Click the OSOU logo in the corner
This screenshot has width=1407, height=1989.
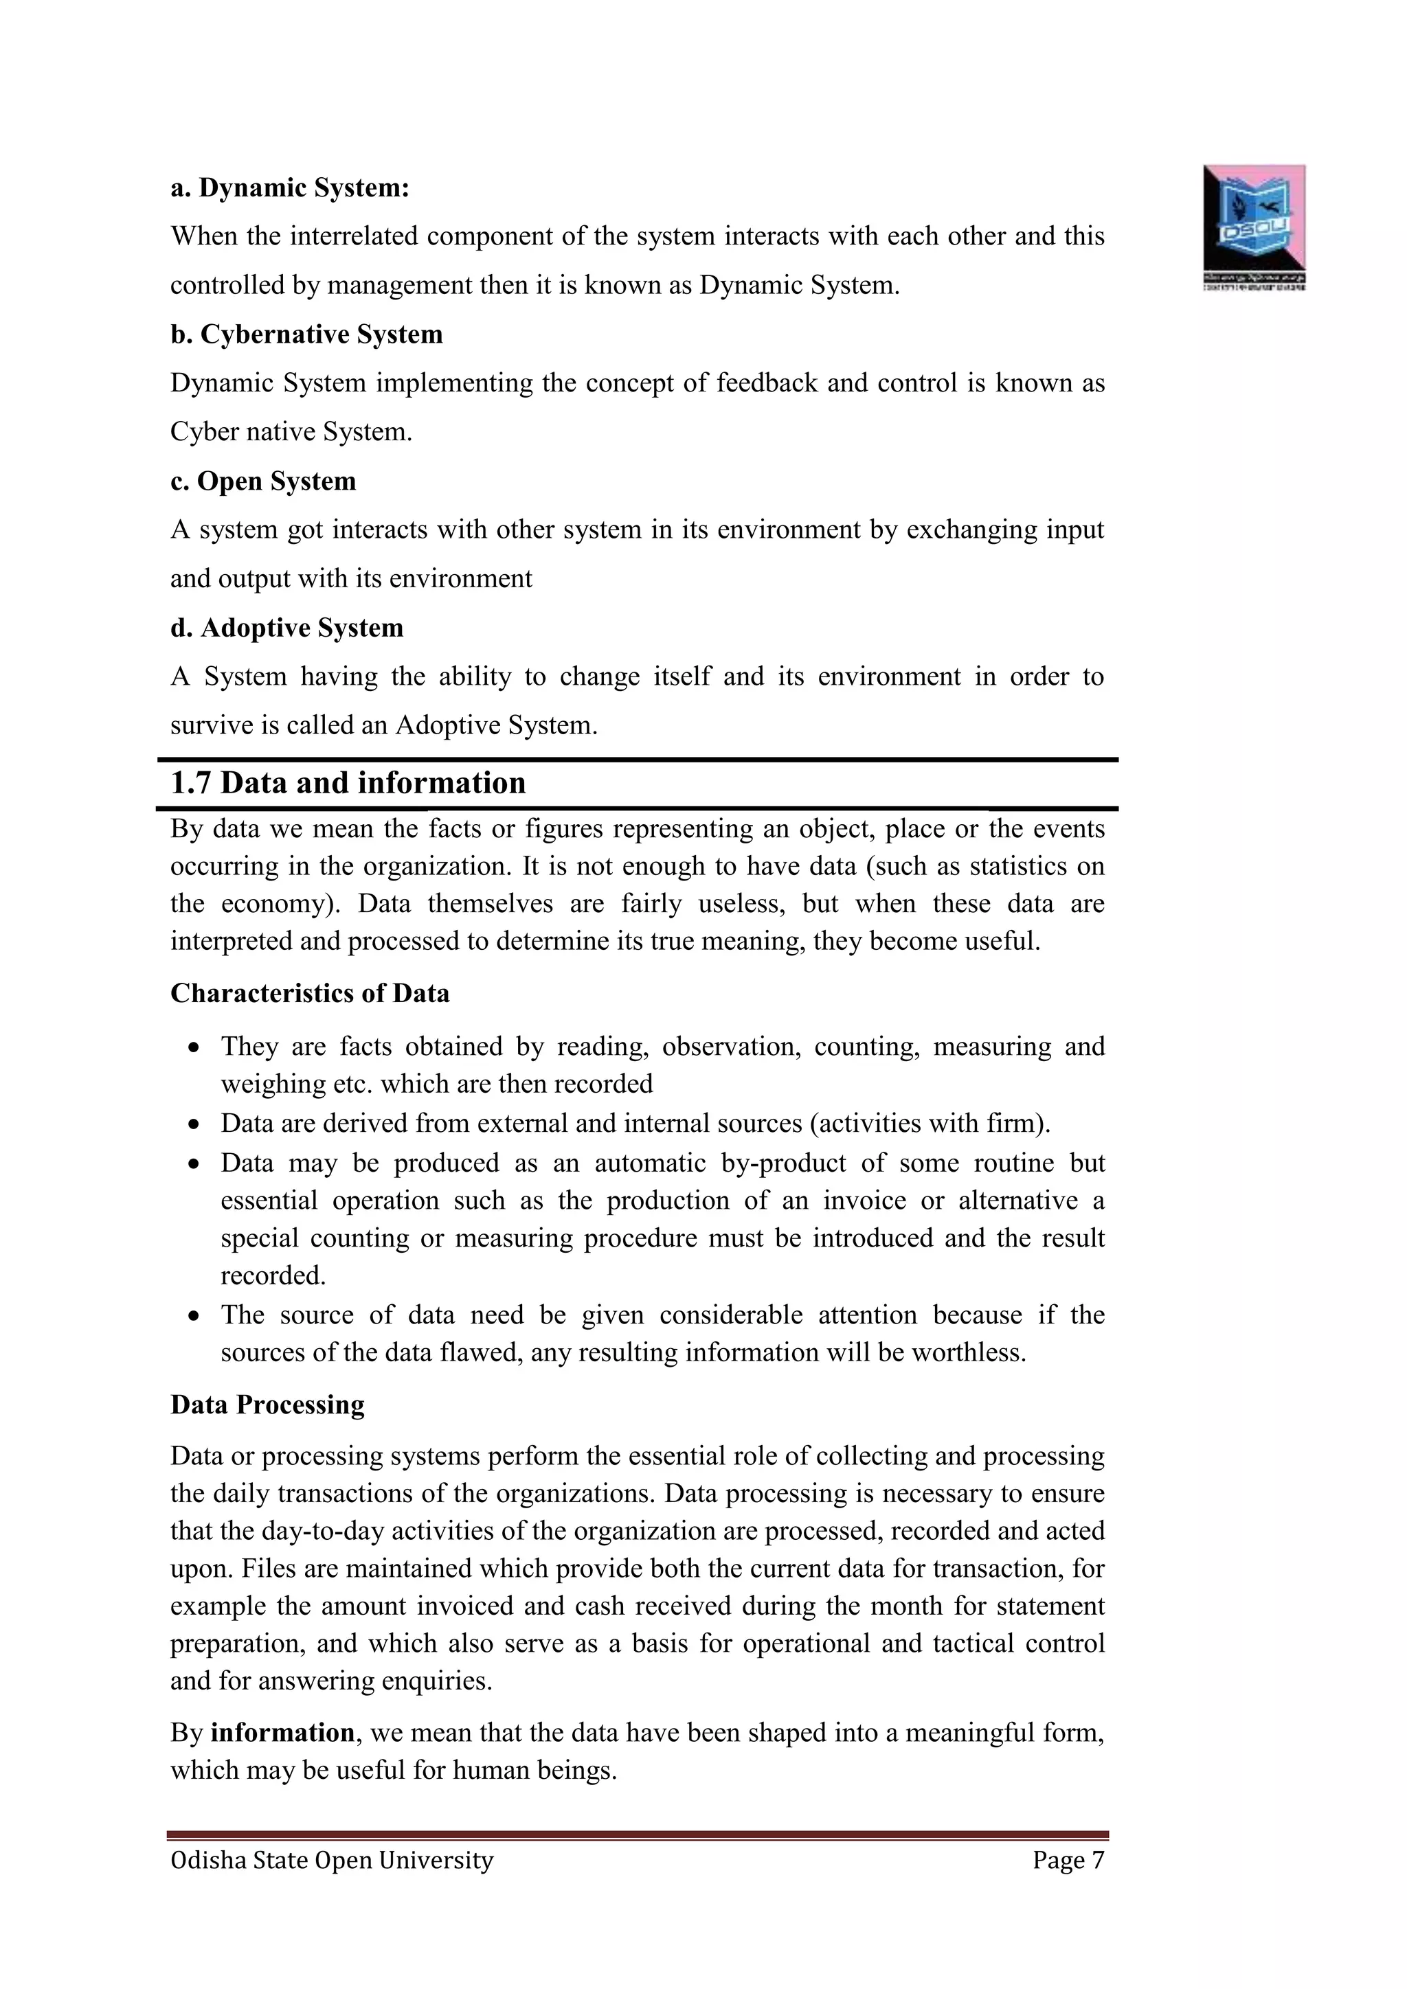[1254, 227]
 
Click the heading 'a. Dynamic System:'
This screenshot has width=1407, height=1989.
[289, 188]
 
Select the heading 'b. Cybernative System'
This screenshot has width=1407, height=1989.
[306, 334]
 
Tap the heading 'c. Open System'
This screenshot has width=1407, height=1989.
[262, 481]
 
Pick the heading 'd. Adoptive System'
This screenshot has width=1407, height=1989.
[286, 627]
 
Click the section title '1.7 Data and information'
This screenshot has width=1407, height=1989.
[348, 783]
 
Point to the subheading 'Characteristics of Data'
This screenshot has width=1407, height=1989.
[309, 992]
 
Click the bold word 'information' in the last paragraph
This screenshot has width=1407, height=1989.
[282, 1733]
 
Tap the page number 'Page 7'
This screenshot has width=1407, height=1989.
[1068, 1861]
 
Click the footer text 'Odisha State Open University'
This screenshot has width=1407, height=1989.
[332, 1861]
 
